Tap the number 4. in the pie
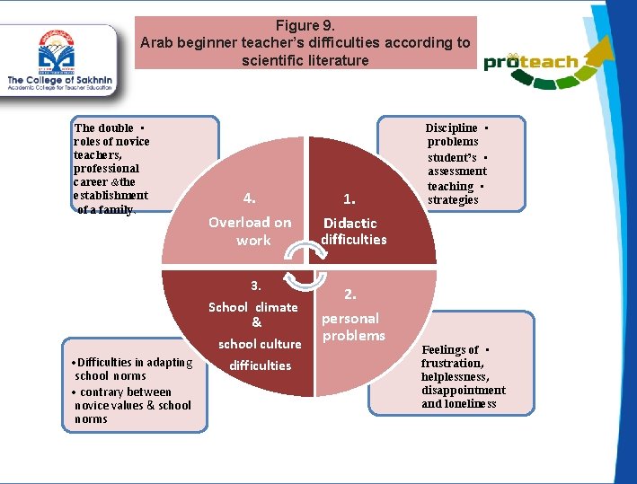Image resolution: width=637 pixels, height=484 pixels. [x=250, y=198]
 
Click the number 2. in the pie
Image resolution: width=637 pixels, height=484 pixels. [x=350, y=294]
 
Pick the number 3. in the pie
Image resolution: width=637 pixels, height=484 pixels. [x=256, y=286]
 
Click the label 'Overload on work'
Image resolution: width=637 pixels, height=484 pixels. [x=251, y=231]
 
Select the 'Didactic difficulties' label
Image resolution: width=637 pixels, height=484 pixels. [x=353, y=231]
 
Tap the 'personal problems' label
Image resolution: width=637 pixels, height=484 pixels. [x=352, y=327]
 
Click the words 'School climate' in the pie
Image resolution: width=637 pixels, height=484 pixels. [x=252, y=307]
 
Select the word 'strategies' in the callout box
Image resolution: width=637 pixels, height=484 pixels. [x=453, y=199]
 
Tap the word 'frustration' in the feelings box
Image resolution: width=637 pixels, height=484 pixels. [x=451, y=363]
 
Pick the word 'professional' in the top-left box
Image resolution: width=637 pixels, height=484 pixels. [x=107, y=168]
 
